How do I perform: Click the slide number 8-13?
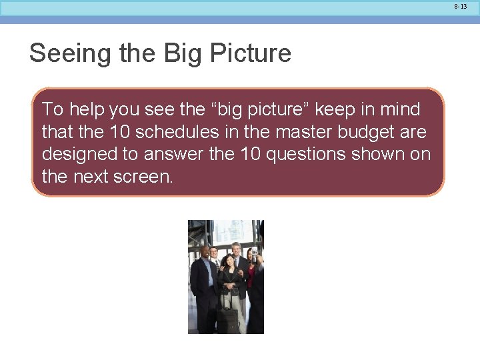point(461,6)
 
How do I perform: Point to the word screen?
point(139,177)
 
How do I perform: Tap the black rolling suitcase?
point(228,319)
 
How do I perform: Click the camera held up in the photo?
point(253,252)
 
